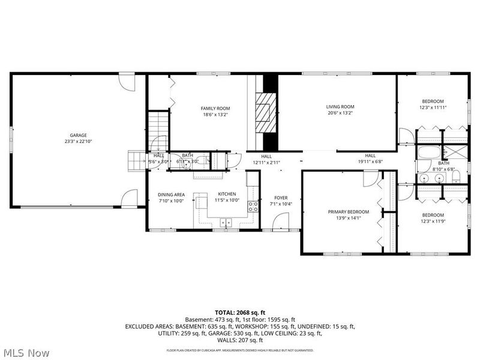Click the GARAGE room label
(78, 135)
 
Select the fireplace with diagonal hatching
(264, 112)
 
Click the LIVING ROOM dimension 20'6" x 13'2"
(340, 113)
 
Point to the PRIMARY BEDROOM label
(348, 212)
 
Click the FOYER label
(281, 198)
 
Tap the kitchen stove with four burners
(253, 207)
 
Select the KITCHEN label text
(227, 194)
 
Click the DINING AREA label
(171, 194)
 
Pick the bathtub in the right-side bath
(427, 152)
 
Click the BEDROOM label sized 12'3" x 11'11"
(432, 101)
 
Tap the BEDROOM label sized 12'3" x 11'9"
(432, 215)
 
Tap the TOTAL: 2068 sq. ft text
(240, 313)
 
